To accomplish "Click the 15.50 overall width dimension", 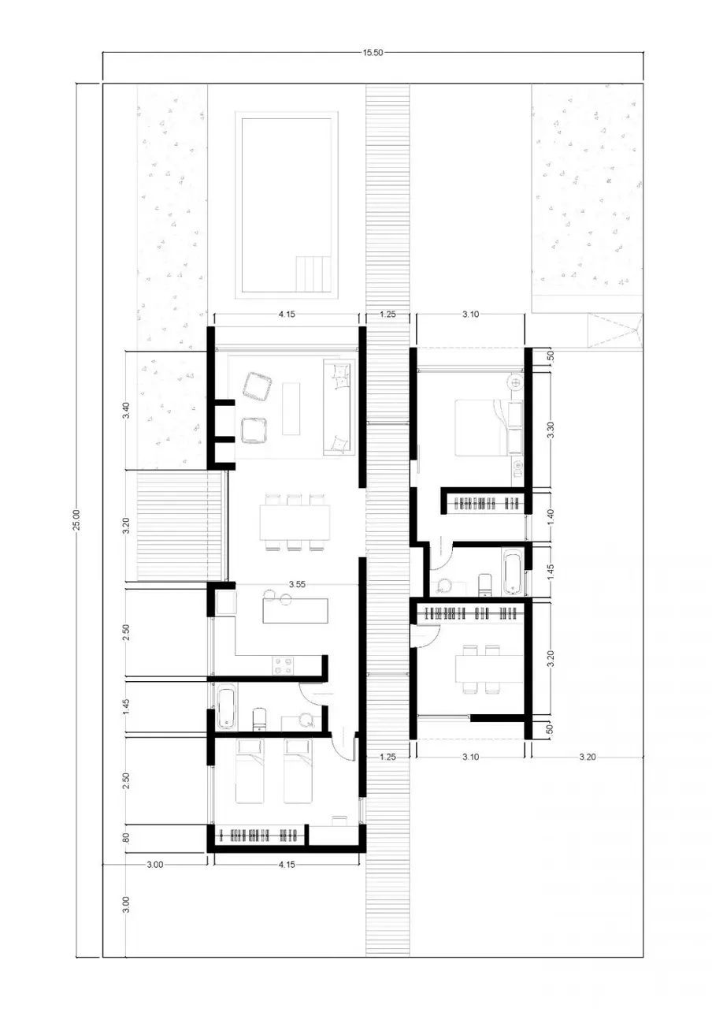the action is (373, 52).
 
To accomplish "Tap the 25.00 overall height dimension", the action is (76, 519).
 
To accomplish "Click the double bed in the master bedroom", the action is (488, 427).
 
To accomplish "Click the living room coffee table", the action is (291, 408).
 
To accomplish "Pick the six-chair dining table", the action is (295, 522).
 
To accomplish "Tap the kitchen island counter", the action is (295, 610).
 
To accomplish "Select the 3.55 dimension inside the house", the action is (297, 584).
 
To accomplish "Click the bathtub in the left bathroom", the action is (226, 707).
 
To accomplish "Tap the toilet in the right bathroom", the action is (484, 585).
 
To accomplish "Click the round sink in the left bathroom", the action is (307, 720).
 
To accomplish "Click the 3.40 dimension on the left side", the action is (126, 411).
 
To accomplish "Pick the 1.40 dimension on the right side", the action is (550, 516).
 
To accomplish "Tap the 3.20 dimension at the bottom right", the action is (588, 757).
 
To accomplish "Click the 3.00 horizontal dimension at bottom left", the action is (155, 865).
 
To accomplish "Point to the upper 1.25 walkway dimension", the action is (388, 314).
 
